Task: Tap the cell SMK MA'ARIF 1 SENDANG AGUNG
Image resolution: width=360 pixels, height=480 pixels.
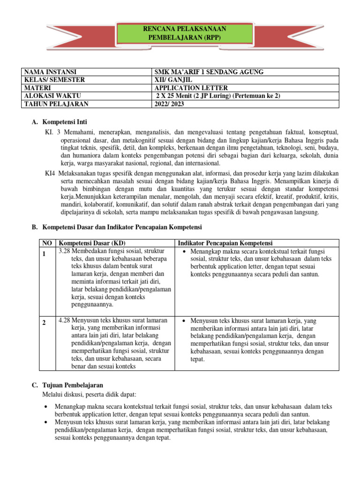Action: coord(209,72)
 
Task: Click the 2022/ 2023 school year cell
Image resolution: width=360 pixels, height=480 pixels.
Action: coord(169,104)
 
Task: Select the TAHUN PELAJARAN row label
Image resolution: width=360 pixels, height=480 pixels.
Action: coord(56,104)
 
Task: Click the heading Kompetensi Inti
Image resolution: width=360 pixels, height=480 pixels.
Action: coord(64,122)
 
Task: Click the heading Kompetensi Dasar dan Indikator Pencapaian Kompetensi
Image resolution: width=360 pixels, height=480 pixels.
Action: coord(122,227)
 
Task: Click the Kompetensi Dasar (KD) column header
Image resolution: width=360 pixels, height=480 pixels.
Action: coord(91,243)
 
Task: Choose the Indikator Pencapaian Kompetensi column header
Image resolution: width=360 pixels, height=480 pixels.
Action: coord(225,243)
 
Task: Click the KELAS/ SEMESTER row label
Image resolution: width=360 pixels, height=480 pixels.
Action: coord(52,80)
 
